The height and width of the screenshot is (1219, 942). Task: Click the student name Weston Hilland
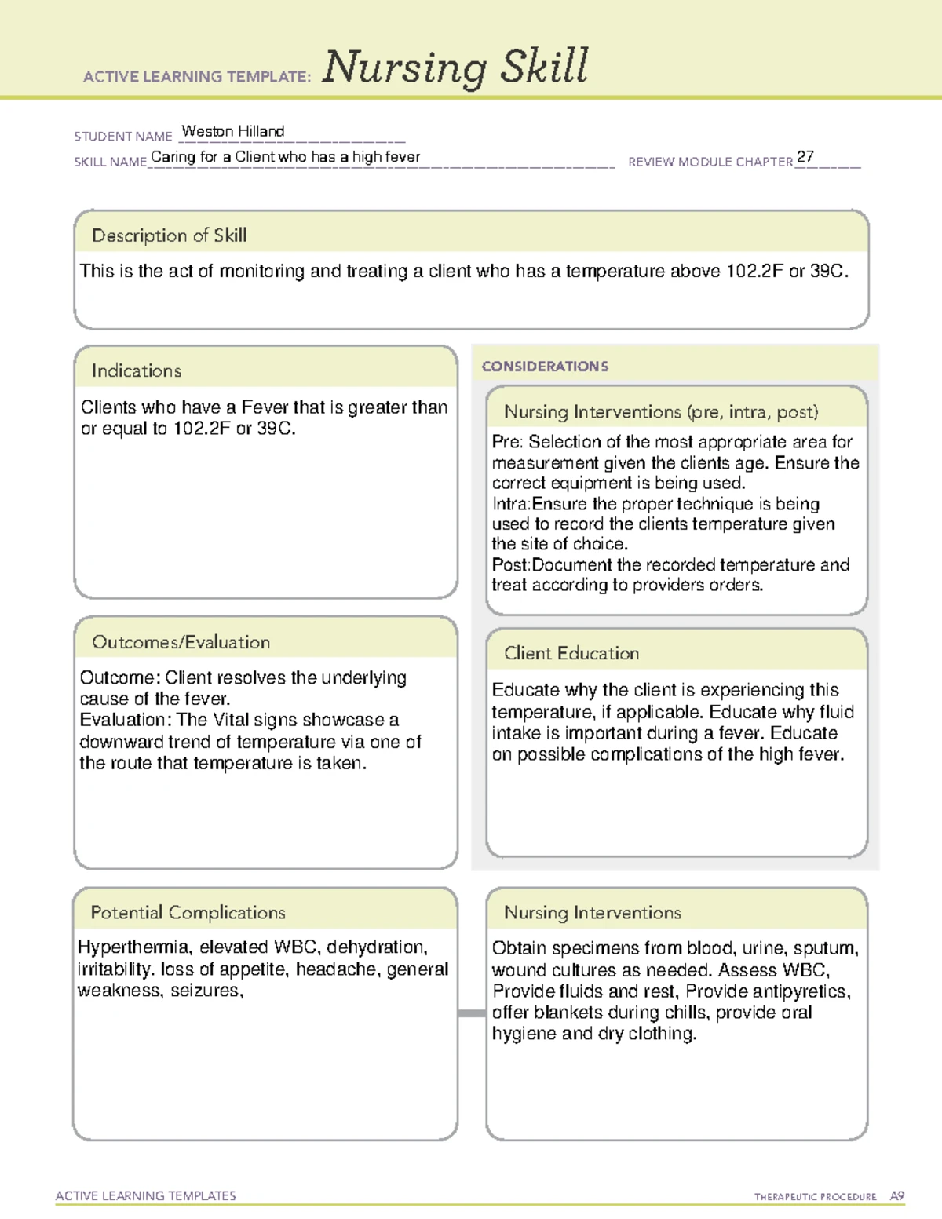tap(233, 131)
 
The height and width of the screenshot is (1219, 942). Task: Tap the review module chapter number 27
tap(805, 156)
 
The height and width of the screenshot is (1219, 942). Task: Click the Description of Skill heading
tap(170, 235)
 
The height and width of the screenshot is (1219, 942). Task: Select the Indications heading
tap(137, 370)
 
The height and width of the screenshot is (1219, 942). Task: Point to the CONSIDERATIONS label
tap(545, 367)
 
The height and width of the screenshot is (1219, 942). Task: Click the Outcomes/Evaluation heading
tap(181, 642)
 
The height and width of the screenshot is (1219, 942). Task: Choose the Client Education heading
tap(571, 653)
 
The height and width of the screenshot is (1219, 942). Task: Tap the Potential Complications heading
tap(188, 912)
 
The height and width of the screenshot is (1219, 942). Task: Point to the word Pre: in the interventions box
tap(507, 442)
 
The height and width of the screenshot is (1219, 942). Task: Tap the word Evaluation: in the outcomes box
tap(126, 720)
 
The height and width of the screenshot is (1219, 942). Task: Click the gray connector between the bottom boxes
tap(472, 1013)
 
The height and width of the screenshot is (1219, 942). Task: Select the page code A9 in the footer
tap(897, 1196)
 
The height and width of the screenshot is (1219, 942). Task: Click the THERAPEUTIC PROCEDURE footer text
tap(816, 1197)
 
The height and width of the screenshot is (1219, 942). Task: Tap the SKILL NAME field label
tap(111, 162)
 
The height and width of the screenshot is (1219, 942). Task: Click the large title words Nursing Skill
tap(455, 67)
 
